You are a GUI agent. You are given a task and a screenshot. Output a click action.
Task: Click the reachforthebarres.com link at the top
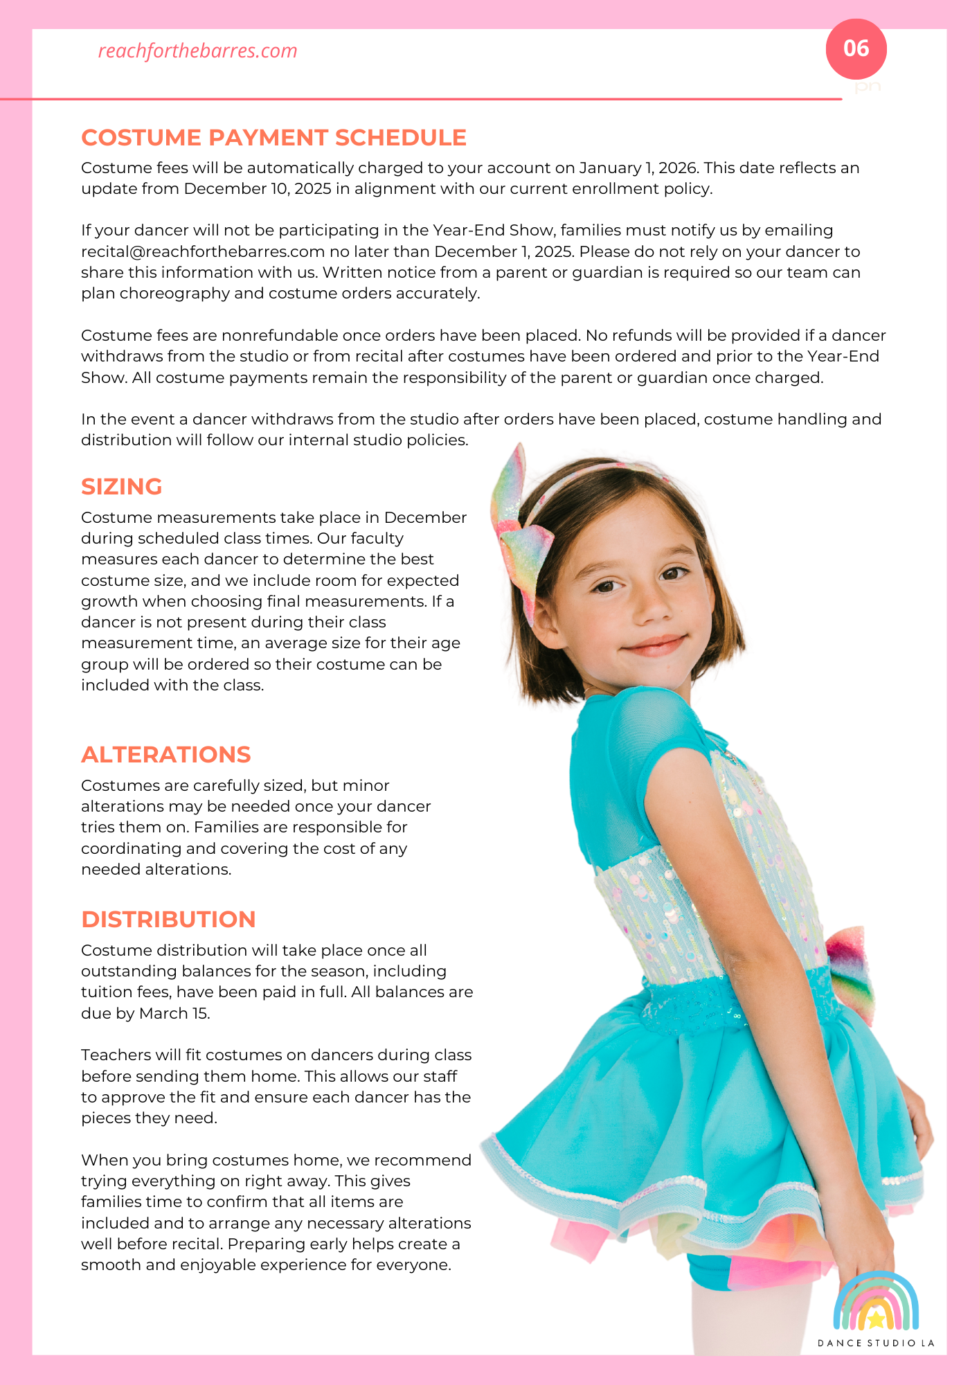(x=197, y=51)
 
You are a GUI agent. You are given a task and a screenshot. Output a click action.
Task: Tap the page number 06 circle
(x=856, y=48)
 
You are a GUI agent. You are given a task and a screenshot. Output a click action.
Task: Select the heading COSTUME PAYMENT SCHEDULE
(x=273, y=137)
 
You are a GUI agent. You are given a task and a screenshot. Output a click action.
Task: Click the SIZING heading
(x=121, y=486)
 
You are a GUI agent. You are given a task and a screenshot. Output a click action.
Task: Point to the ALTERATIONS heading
(x=165, y=754)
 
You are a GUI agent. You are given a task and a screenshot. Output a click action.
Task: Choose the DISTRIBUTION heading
(x=168, y=919)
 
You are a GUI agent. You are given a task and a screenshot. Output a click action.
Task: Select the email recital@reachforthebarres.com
(x=203, y=251)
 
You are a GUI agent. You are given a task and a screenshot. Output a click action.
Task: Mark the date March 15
(x=174, y=1013)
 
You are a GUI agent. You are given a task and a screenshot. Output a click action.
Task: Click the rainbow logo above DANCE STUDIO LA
(x=876, y=1303)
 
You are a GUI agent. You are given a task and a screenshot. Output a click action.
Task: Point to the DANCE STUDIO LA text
(x=876, y=1343)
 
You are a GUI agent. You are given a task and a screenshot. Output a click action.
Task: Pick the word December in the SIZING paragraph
(x=425, y=518)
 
